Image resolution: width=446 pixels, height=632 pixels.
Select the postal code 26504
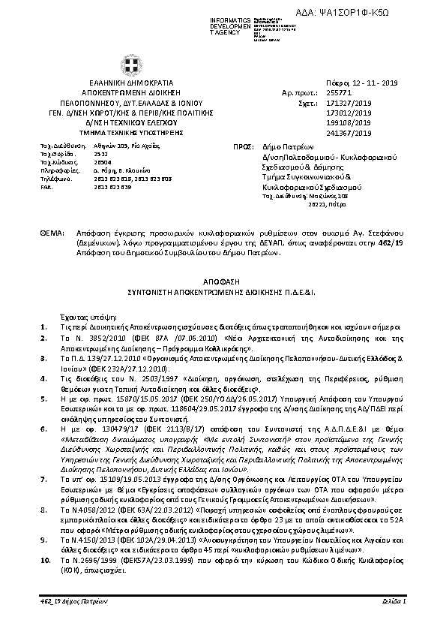click(x=103, y=162)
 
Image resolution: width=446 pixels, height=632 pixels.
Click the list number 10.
click(x=45, y=560)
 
